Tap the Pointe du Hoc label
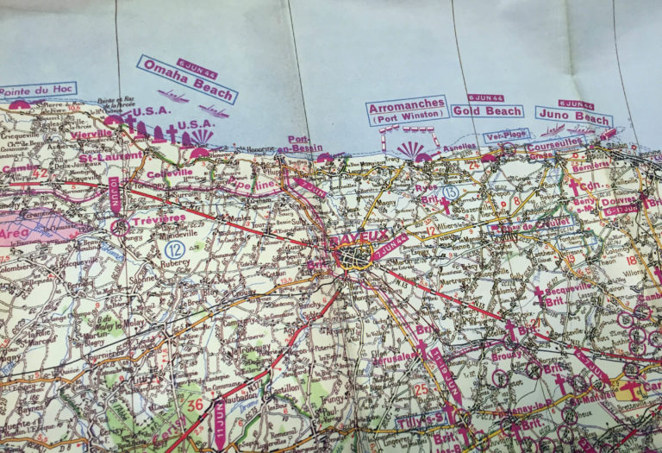[x=37, y=90]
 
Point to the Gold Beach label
[x=486, y=111]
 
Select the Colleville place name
[x=170, y=173]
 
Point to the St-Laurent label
[x=105, y=158]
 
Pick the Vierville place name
[x=91, y=134]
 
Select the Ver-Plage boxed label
[x=504, y=135]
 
